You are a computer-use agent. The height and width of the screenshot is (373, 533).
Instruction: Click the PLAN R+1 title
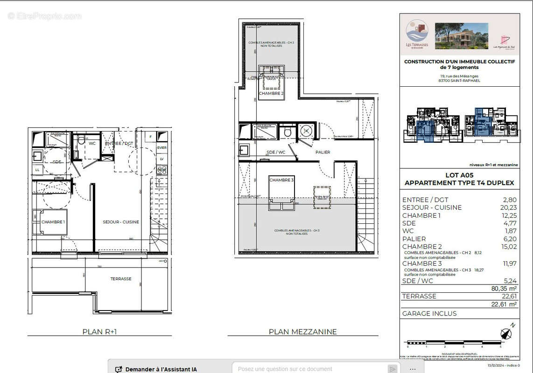coord(99,332)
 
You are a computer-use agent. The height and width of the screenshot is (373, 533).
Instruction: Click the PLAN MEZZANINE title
coord(302,332)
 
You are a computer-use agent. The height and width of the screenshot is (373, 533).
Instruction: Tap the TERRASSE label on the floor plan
coord(120,279)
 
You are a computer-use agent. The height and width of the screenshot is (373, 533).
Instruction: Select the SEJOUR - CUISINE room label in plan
coord(121,222)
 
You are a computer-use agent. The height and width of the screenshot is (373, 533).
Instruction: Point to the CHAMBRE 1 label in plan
coord(53,222)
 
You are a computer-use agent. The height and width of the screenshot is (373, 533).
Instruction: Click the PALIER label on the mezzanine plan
coord(323,152)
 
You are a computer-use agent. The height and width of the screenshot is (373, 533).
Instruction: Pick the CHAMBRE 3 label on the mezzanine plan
coord(281,180)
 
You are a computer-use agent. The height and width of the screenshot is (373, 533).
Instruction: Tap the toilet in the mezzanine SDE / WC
coord(288,132)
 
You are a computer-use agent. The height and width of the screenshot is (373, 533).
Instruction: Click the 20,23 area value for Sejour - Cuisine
coord(508,207)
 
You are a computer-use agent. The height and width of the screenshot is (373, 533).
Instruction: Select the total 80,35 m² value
coord(504,289)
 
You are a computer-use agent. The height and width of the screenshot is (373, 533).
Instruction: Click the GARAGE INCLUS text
coord(429,313)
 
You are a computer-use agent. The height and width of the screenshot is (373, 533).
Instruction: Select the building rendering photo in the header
coord(461,36)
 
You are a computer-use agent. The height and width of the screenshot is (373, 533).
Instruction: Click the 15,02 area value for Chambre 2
coord(508,247)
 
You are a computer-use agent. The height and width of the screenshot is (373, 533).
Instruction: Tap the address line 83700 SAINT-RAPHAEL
coord(459,81)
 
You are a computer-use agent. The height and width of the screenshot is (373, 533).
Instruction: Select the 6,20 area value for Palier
coord(510,239)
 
